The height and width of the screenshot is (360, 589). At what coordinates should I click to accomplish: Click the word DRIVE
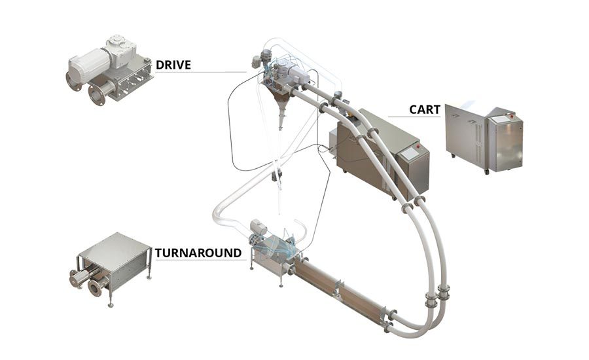click(x=174, y=65)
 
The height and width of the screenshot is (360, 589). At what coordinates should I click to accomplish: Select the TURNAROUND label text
click(x=198, y=253)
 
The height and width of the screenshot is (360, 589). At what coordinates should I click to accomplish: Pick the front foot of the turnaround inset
click(x=109, y=303)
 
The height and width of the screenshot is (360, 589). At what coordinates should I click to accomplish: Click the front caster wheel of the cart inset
click(x=486, y=171)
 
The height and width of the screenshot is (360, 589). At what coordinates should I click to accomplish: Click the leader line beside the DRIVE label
click(x=216, y=71)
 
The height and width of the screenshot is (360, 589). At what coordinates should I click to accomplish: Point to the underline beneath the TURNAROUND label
click(x=198, y=260)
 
